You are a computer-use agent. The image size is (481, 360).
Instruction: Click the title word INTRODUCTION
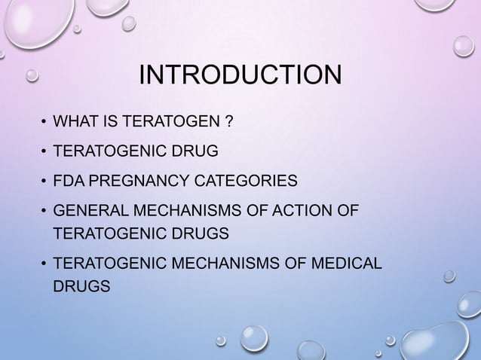pyautogui.click(x=240, y=76)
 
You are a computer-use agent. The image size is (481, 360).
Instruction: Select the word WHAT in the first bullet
pyautogui.click(x=72, y=122)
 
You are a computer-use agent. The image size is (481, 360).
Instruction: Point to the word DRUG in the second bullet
pyautogui.click(x=198, y=151)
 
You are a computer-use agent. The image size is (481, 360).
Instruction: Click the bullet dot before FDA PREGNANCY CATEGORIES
pyautogui.click(x=44, y=181)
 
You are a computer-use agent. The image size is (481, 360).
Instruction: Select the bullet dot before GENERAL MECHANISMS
pyautogui.click(x=44, y=209)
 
